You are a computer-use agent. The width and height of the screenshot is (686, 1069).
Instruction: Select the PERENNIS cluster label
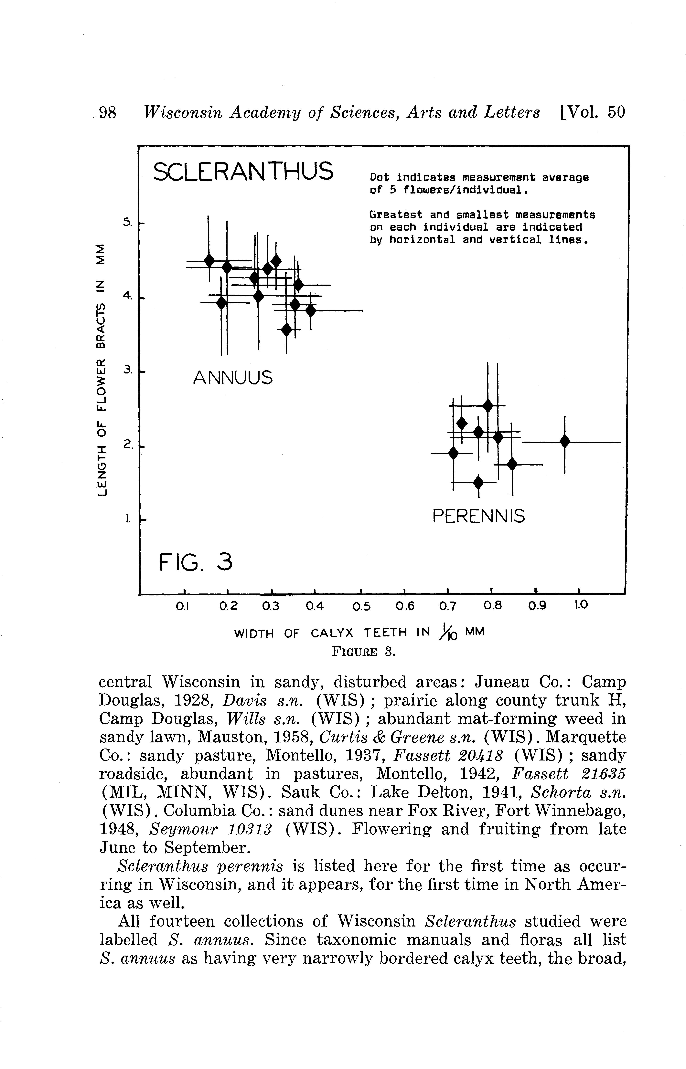[x=479, y=517]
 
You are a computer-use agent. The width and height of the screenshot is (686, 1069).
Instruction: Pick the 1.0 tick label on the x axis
[x=580, y=605]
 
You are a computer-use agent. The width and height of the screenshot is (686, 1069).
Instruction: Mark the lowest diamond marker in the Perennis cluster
[x=478, y=482]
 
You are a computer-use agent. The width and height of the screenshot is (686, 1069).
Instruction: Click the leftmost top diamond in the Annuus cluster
[x=209, y=260]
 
